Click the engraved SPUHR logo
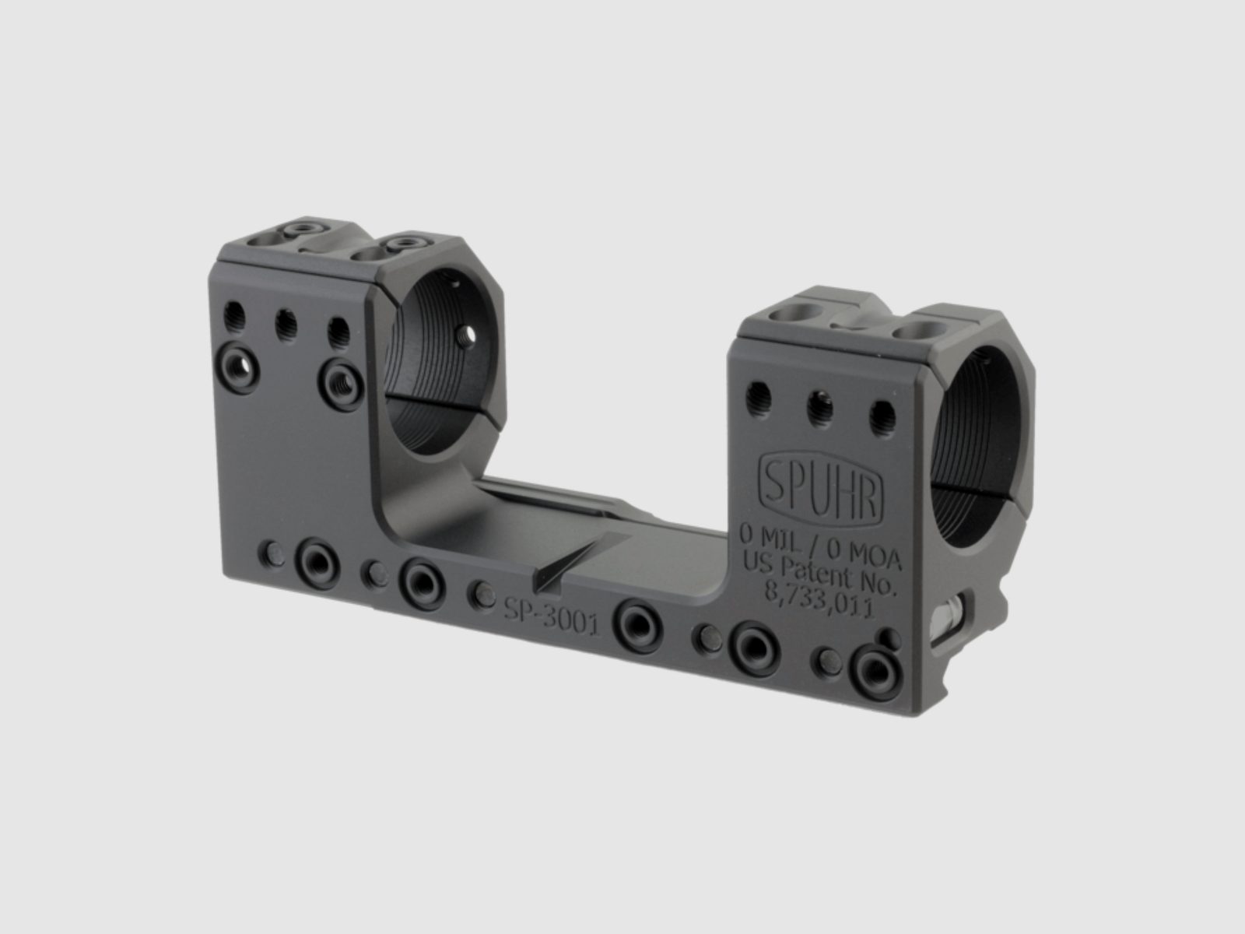click(x=821, y=490)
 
